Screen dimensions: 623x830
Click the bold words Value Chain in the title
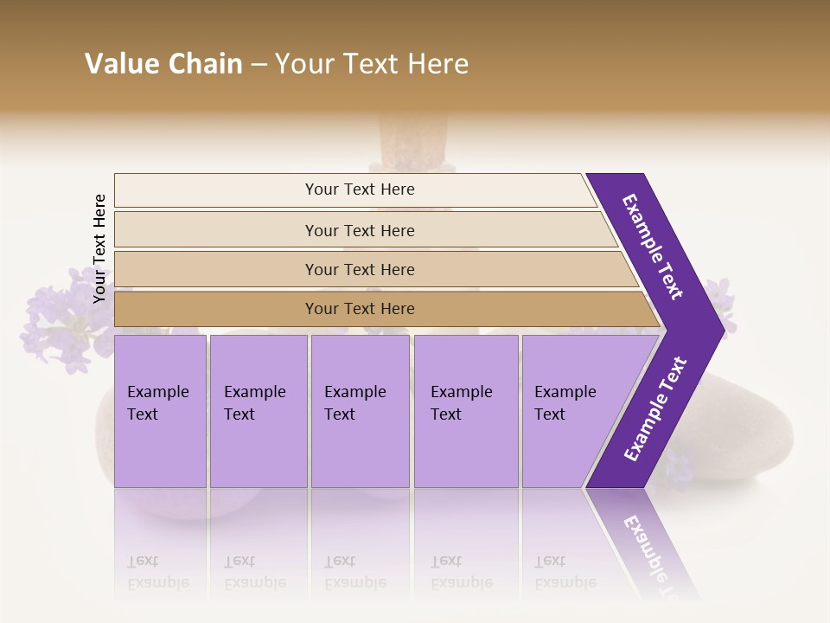(x=163, y=64)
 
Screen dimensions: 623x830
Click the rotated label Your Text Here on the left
(x=99, y=248)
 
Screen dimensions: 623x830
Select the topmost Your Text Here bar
(x=359, y=189)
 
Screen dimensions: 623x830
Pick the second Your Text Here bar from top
(x=359, y=230)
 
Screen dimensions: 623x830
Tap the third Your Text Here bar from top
(x=359, y=269)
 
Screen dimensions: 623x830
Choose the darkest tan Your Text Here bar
(x=359, y=309)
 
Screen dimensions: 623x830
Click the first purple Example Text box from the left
(x=160, y=411)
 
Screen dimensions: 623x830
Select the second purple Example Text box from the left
(x=259, y=411)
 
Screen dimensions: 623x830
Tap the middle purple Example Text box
(x=360, y=411)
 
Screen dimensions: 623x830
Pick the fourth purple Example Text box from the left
(x=466, y=411)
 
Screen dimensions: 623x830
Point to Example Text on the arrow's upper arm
(x=653, y=247)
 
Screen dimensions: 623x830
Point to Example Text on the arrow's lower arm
(x=655, y=409)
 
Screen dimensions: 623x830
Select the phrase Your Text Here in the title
(x=372, y=64)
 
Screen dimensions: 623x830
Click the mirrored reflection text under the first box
(x=157, y=572)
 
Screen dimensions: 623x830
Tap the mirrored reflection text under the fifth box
(x=565, y=572)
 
